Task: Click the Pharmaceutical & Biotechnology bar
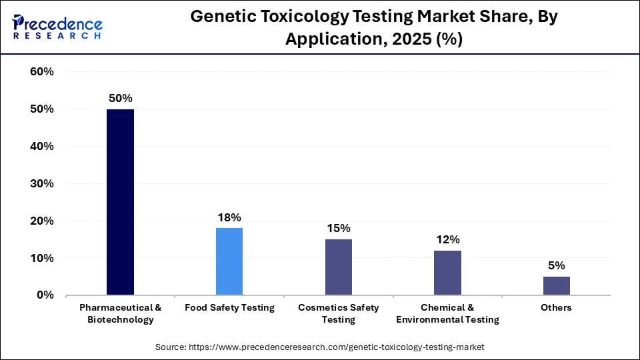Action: pyautogui.click(x=120, y=202)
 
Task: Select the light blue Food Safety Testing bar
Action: pyautogui.click(x=229, y=261)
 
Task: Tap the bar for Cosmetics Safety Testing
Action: pyautogui.click(x=339, y=267)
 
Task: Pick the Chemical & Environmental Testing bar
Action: pyautogui.click(x=447, y=273)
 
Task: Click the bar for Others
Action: pyautogui.click(x=557, y=285)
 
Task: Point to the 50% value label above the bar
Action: pyautogui.click(x=120, y=98)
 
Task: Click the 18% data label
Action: pyautogui.click(x=229, y=217)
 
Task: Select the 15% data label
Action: pyautogui.click(x=339, y=228)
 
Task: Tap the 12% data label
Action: pyautogui.click(x=447, y=239)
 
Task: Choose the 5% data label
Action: pyautogui.click(x=557, y=265)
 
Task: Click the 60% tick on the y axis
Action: pyautogui.click(x=42, y=72)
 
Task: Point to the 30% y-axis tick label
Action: pyautogui.click(x=42, y=183)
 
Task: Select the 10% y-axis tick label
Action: pyautogui.click(x=42, y=258)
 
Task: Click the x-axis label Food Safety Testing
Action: pyautogui.click(x=229, y=308)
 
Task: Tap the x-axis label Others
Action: pyautogui.click(x=557, y=308)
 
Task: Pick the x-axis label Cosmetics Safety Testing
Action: pyautogui.click(x=339, y=313)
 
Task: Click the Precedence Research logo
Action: pyautogui.click(x=57, y=27)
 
